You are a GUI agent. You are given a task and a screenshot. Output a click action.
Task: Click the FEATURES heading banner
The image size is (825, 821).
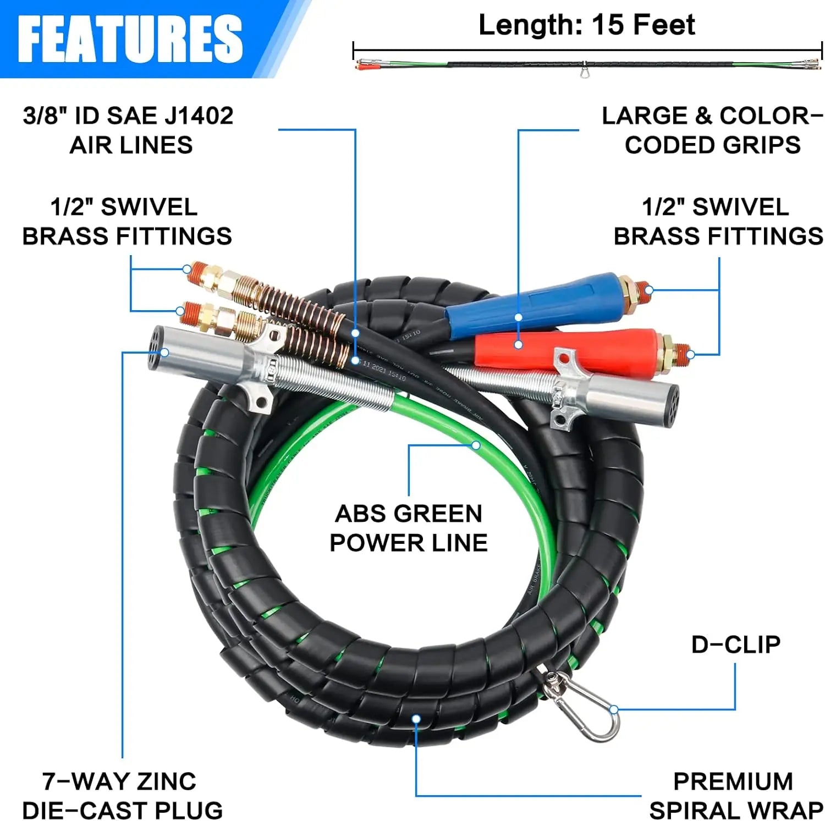(130, 38)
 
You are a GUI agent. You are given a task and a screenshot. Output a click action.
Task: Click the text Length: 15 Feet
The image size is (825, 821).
(586, 25)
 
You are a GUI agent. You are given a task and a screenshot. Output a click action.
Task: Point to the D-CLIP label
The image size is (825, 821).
(735, 644)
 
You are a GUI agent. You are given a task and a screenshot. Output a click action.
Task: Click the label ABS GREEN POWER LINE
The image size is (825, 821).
(408, 528)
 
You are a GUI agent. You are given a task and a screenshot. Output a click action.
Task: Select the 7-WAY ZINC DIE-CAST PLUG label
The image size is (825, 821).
(122, 796)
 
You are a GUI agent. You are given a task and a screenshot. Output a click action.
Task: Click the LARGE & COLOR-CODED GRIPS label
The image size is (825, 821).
(712, 130)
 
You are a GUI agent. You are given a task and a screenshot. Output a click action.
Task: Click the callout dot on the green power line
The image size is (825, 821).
(476, 445)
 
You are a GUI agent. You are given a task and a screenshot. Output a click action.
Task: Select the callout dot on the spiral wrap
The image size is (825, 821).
(416, 719)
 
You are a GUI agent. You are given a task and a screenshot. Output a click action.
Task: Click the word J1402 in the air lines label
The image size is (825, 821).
(200, 116)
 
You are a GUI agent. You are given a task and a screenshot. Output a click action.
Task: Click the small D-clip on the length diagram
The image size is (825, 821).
(584, 72)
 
